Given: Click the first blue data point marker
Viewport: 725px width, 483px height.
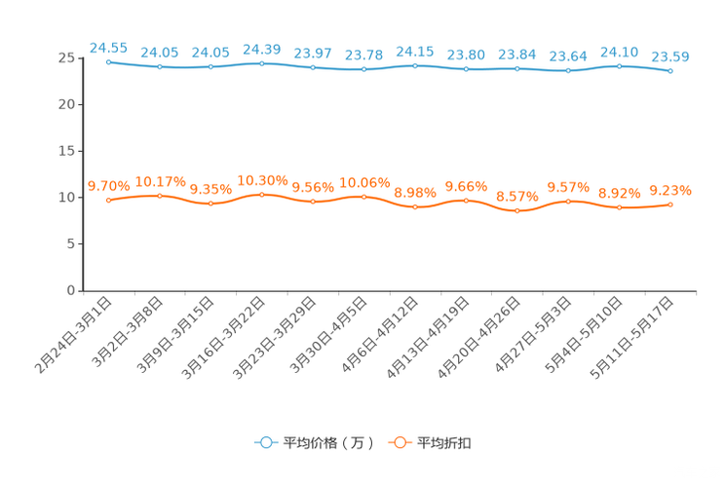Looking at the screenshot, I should pyautogui.click(x=108, y=61).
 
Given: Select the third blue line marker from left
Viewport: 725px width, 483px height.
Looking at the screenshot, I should pyautogui.click(x=210, y=66).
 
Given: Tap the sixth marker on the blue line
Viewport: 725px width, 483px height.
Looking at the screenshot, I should pyautogui.click(x=363, y=69).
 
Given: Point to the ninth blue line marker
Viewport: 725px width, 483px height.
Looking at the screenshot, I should pyautogui.click(x=517, y=68).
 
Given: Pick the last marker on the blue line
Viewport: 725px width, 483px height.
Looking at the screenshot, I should pyautogui.click(x=670, y=70).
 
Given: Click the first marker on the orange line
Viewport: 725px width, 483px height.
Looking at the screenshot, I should pyautogui.click(x=108, y=201).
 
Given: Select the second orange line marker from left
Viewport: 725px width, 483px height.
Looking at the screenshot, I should pyautogui.click(x=160, y=196).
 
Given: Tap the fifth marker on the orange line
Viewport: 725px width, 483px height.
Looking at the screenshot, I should pyautogui.click(x=313, y=201).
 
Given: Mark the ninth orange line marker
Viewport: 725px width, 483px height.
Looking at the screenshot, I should pyautogui.click(x=517, y=209).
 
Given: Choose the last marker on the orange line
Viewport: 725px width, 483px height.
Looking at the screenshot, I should pyautogui.click(x=670, y=204).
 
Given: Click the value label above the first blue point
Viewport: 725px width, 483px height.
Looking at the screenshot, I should pyautogui.click(x=108, y=46).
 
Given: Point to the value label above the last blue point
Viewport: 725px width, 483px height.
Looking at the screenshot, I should pyautogui.click(x=670, y=56).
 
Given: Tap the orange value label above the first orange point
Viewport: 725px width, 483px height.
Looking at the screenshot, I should pyautogui.click(x=108, y=185).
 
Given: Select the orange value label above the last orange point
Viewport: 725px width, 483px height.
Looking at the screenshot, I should pyautogui.click(x=670, y=190).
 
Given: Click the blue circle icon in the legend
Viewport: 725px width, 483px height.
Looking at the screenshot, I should pyautogui.click(x=265, y=442).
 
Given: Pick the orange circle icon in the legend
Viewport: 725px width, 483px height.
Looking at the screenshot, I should pyautogui.click(x=398, y=442).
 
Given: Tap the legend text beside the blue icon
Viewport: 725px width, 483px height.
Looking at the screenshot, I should pyautogui.click(x=326, y=443).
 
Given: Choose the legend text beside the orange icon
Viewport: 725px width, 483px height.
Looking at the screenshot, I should pyautogui.click(x=444, y=443).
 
